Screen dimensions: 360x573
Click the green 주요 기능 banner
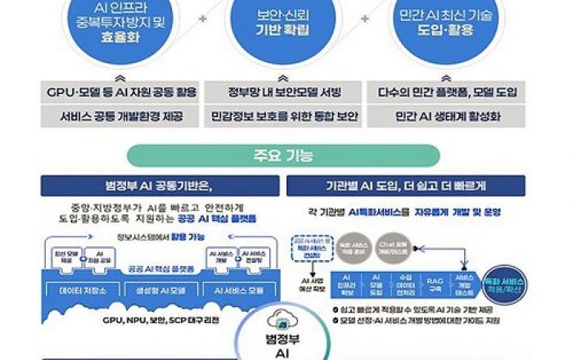[286, 155]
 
